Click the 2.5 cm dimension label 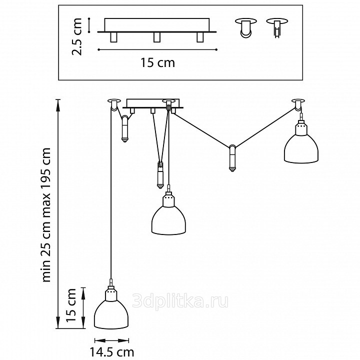76,36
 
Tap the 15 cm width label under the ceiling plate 157,62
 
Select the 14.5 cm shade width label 111,352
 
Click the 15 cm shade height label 71,305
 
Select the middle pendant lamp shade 168,214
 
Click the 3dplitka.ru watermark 180,301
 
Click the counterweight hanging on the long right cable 232,158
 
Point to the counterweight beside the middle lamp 159,175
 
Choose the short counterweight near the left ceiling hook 125,129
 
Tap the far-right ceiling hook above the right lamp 298,104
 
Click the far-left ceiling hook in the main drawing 114,104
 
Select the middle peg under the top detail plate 157,37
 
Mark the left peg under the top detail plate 113,37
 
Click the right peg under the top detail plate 200,37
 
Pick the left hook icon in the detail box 245,27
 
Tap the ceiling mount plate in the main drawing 153,104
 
